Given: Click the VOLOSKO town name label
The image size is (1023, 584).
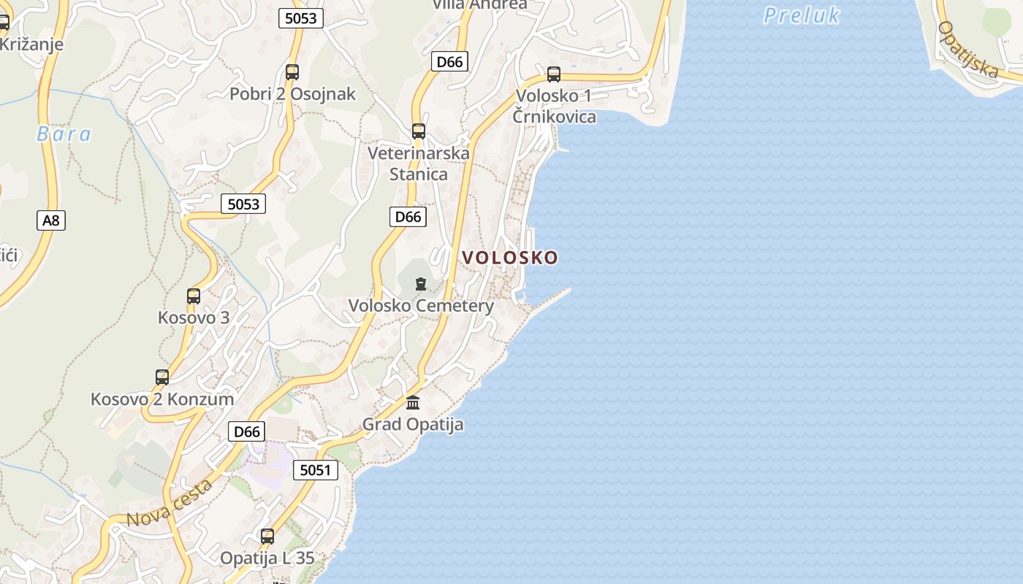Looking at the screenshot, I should coord(510,257).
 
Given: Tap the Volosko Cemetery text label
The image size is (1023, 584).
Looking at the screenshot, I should coord(421,306).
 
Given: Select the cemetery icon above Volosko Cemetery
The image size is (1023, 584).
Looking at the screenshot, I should coord(420,284).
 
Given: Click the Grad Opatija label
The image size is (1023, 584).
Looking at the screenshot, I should coord(413,424).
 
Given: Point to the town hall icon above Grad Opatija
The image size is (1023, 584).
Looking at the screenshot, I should coord(413,402).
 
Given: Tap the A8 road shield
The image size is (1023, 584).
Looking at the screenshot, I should coord(51,220).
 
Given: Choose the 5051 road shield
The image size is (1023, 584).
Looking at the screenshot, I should coord(316,470).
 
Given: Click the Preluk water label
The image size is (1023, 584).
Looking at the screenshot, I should coord(802,15).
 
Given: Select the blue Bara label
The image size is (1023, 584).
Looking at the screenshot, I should coord(64,134).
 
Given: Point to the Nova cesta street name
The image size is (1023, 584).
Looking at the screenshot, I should coord(170,503).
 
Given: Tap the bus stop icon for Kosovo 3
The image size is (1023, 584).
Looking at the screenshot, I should coord(194,296).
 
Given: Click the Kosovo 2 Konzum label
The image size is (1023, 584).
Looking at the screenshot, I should coord(162,399).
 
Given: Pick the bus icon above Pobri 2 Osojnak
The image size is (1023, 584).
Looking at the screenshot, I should coord(292,72).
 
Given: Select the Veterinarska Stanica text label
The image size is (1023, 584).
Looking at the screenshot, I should coord(418,164).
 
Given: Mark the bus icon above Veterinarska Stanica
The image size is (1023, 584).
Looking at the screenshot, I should coord(419,131).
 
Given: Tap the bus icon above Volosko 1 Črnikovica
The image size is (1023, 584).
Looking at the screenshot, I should coord(554,74).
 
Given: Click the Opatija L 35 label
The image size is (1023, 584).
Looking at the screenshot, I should coord(267,558).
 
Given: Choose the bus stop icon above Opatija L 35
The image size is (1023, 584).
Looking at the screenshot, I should coord(267,537).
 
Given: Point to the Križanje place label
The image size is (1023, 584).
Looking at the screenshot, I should coord(31,44).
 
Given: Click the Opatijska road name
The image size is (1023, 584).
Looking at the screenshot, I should coord(968,49).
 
